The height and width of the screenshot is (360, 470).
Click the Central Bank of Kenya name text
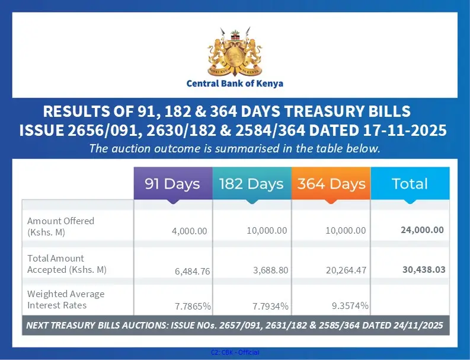pos(235,84)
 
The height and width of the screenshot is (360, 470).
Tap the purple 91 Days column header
pos(172,184)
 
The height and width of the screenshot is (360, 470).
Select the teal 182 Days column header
pos(252,184)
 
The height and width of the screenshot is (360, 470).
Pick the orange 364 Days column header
pos(331,184)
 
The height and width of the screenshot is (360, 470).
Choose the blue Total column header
pos(410,184)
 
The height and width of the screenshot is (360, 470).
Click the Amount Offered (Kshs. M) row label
pos(60,226)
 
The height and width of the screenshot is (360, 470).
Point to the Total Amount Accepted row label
pos(66,264)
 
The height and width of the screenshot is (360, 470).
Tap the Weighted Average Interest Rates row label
pos(66,300)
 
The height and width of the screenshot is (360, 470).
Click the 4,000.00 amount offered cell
pos(190,231)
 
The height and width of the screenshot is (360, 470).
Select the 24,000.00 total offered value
pos(422,230)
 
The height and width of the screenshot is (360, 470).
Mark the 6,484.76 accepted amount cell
pos(190,270)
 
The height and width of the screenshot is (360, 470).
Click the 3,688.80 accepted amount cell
pos(267,270)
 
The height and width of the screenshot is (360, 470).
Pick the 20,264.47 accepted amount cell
pos(347,270)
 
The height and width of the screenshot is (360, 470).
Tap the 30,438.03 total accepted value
pos(423,269)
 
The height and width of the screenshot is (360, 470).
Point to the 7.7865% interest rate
pos(193,307)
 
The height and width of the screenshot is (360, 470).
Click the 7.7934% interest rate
pos(270,307)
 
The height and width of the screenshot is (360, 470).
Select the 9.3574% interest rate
pos(350,305)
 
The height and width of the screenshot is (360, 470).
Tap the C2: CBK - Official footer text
pos(235,352)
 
